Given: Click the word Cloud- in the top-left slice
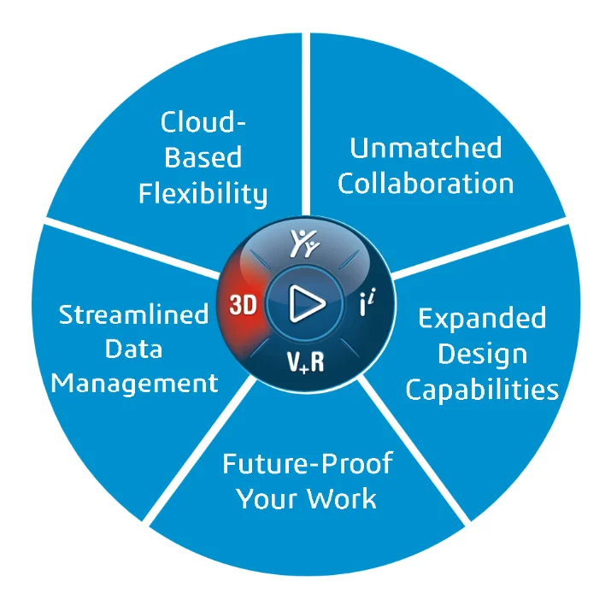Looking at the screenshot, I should (203, 122).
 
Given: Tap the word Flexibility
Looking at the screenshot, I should (203, 194).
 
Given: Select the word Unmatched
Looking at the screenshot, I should (426, 148).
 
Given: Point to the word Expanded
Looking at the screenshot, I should (482, 319).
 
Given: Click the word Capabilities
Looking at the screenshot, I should (482, 390).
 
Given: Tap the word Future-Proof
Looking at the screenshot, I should (307, 464).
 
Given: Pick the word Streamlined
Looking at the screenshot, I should (134, 314).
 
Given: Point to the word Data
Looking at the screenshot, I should (134, 349).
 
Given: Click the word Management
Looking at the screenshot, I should (134, 383).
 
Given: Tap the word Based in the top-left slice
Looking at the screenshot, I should (203, 157).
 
